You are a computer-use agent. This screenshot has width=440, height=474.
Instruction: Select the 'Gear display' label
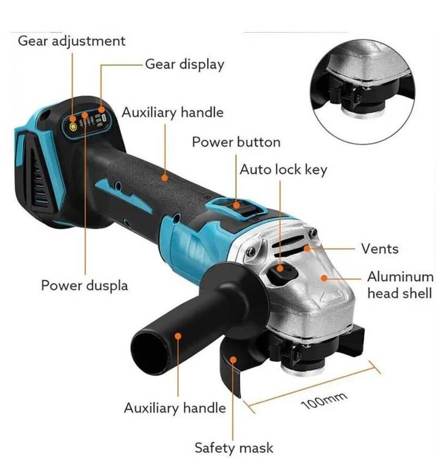coord(185,64)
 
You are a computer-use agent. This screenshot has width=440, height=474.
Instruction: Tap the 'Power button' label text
coord(236,142)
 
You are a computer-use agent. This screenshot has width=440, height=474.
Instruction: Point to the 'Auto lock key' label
coord(284,170)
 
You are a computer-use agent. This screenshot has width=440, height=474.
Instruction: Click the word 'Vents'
coord(380,249)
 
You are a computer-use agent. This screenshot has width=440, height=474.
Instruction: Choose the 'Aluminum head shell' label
coord(401,285)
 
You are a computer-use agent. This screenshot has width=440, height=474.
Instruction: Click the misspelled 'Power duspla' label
coord(85,285)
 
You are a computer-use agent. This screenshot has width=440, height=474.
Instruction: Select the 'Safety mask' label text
coord(234,448)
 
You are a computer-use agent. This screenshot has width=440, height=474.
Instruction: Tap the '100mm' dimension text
coord(324,401)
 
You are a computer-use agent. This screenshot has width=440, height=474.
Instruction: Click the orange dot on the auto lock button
coord(280,268)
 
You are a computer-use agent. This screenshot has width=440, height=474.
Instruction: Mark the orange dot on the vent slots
coord(307,249)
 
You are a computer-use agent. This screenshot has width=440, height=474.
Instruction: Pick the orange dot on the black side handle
coord(178,336)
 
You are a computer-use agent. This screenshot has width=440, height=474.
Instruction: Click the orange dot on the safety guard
coord(233,359)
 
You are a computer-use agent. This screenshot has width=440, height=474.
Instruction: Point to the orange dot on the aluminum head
coord(324,278)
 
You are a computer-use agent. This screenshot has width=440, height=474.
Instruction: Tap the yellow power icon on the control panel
coord(73,126)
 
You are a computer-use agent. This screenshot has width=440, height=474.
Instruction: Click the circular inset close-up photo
coord(363,92)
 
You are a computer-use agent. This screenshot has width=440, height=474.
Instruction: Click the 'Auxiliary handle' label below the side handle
coord(175,408)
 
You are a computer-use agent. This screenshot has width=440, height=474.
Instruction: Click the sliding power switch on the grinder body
coord(236,206)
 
